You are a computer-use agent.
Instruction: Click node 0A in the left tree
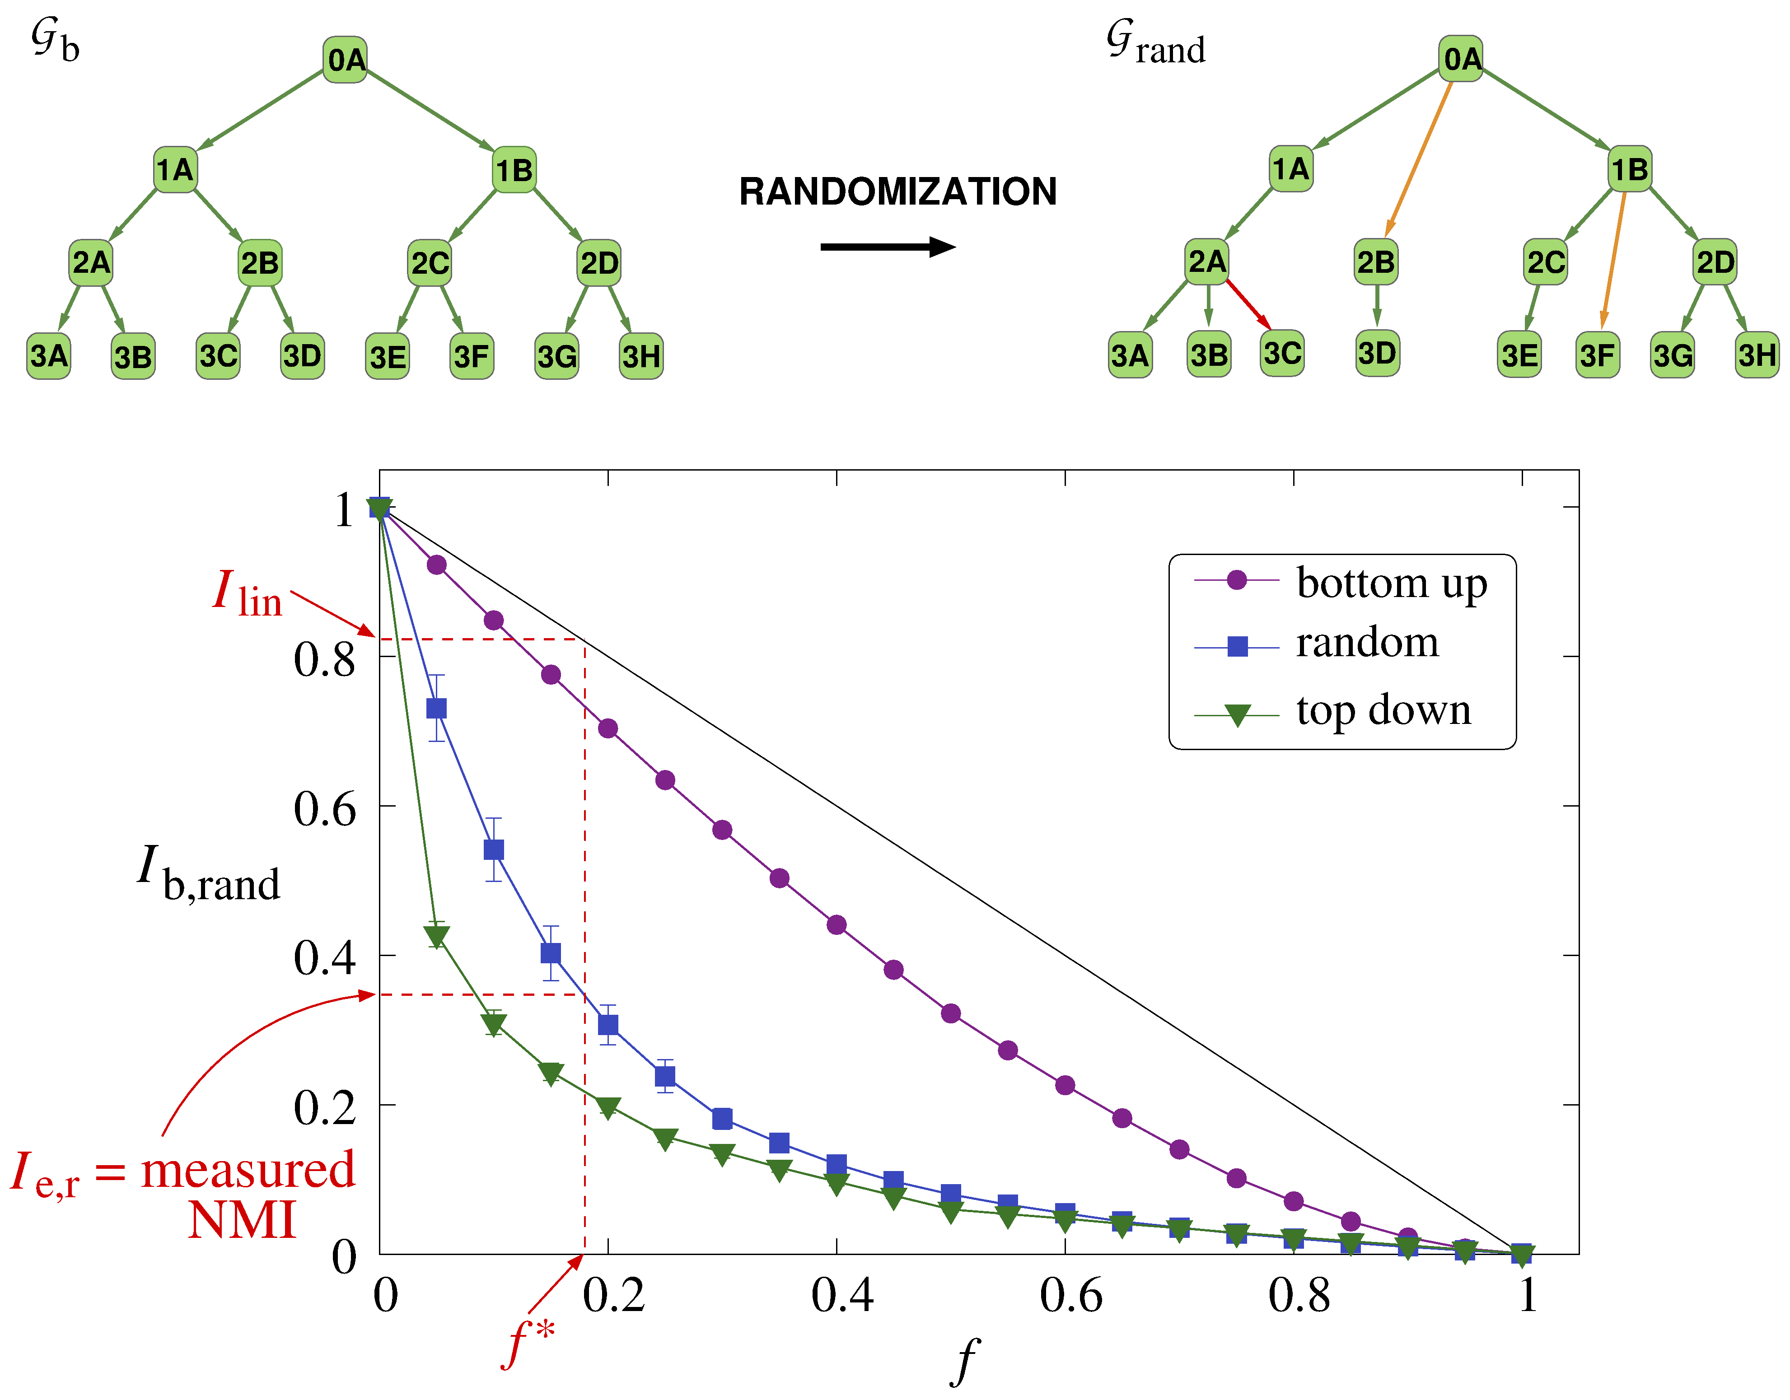pyautogui.click(x=345, y=60)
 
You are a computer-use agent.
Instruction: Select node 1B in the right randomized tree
pyautogui.click(x=1629, y=170)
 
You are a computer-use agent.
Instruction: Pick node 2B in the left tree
pyautogui.click(x=260, y=263)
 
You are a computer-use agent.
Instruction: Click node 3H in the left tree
pyautogui.click(x=641, y=357)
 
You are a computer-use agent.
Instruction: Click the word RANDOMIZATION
pyautogui.click(x=897, y=192)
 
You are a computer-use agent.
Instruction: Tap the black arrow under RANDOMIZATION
pyautogui.click(x=888, y=247)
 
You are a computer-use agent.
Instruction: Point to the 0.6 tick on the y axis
pyautogui.click(x=325, y=809)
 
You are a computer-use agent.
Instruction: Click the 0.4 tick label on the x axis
pyautogui.click(x=842, y=1296)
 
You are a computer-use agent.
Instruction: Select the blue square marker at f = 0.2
pyautogui.click(x=608, y=1025)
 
